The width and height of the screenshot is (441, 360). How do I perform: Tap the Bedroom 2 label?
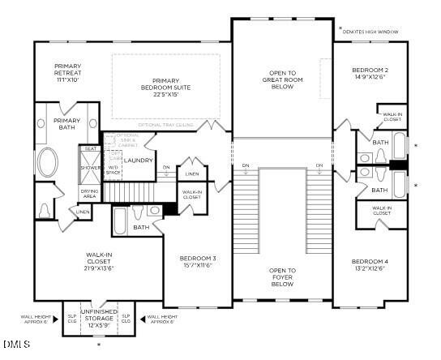point(371,72)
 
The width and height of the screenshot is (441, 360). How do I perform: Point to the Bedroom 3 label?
point(198,261)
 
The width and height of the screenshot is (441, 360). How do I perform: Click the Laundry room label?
point(139,161)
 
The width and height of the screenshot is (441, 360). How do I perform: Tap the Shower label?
point(90,168)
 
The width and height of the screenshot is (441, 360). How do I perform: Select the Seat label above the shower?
point(90,149)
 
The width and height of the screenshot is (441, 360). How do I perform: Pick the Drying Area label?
point(89,194)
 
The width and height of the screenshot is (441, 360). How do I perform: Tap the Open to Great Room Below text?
point(282,79)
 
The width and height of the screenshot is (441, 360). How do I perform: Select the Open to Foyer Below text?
point(282,277)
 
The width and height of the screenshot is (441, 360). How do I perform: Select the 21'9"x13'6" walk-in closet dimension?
point(99,268)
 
